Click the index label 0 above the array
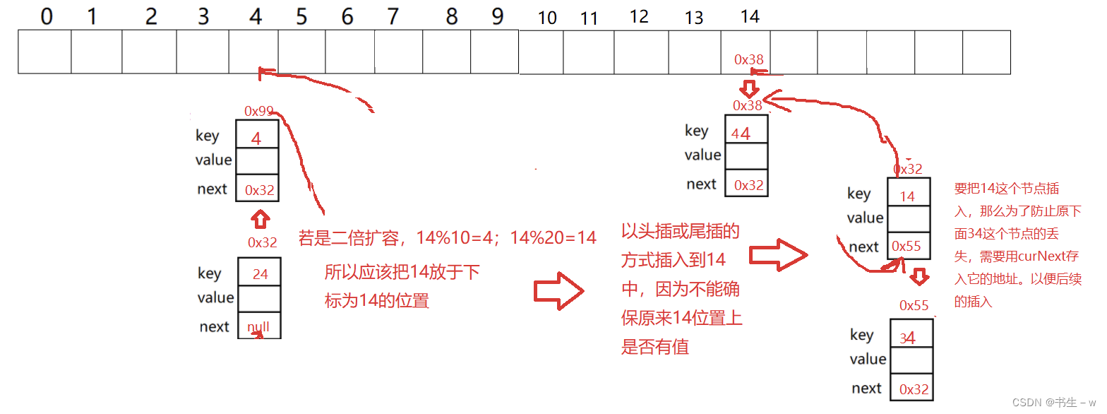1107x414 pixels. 47,16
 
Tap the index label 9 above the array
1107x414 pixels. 498,16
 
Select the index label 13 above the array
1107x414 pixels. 694,18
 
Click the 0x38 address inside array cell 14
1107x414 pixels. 749,60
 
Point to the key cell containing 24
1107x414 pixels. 260,273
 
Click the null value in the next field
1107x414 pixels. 258,327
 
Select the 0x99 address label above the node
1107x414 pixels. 259,111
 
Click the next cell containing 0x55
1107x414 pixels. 906,247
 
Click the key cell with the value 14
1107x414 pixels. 907,196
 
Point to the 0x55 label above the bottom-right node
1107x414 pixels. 914,305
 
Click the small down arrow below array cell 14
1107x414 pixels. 749,88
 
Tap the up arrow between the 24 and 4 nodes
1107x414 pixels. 261,218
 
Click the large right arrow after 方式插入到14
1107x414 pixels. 777,254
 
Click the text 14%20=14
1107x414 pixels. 553,238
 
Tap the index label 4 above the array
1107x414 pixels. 256,16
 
